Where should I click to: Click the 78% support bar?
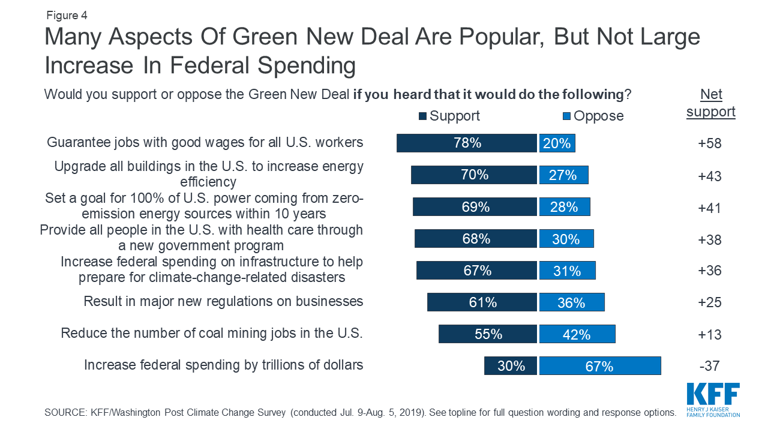(x=466, y=143)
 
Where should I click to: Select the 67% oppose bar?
(x=600, y=365)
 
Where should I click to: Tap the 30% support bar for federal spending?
(x=511, y=365)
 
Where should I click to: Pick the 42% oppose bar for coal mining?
(x=577, y=334)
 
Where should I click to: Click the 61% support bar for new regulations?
(x=482, y=302)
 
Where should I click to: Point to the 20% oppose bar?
(x=557, y=143)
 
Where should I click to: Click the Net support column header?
(x=711, y=103)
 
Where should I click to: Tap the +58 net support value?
(x=710, y=144)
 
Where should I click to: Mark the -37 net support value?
(x=709, y=365)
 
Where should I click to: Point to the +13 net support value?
(x=710, y=334)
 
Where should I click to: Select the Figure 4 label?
(x=66, y=16)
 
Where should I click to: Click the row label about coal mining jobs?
(x=212, y=333)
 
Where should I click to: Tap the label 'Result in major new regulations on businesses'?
(x=223, y=301)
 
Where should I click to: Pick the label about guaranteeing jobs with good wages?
(x=205, y=143)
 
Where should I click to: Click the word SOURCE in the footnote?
(x=63, y=413)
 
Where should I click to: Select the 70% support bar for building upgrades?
(x=473, y=175)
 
